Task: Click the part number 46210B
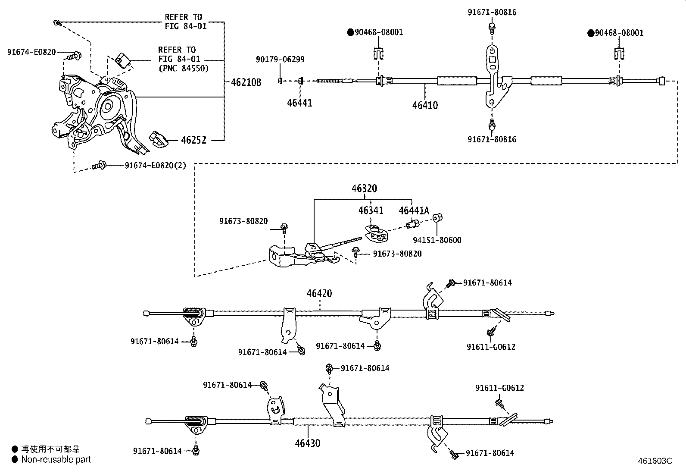tap(246, 82)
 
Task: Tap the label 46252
tap(193, 140)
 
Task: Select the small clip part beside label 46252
tap(158, 139)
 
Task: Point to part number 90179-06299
tap(280, 59)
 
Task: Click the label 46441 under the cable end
tap(299, 103)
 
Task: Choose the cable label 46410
tap(425, 105)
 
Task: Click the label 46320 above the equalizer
tap(364, 188)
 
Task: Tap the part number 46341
tap(371, 210)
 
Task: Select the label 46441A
tap(414, 210)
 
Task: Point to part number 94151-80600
tap(437, 240)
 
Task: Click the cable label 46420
tap(319, 293)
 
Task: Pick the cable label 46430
tap(308, 443)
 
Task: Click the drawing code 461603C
tap(655, 461)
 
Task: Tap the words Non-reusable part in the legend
tap(56, 459)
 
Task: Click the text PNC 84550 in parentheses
tap(184, 68)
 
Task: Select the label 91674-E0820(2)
tap(155, 166)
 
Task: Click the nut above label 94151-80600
tap(437, 218)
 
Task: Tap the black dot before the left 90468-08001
tap(351, 32)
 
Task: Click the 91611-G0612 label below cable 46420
tap(491, 347)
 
